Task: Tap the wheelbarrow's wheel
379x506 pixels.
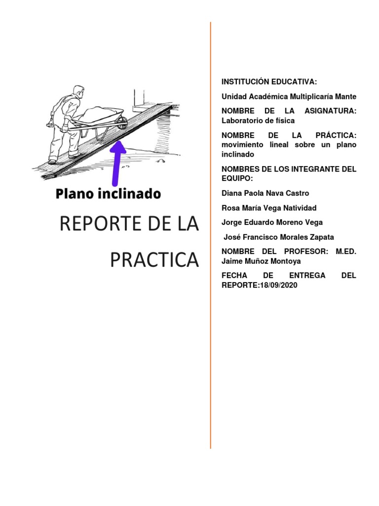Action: coord(120,122)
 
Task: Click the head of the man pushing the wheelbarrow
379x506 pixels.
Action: coord(78,92)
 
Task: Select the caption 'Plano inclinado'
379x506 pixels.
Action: coord(108,193)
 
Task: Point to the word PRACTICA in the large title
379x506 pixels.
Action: coord(154,260)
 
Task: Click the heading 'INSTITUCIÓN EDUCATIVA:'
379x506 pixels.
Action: coord(269,82)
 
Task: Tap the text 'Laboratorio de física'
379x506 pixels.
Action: coord(258,120)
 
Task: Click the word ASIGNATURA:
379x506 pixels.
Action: coord(330,111)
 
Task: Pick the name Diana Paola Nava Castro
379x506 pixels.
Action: coord(265,193)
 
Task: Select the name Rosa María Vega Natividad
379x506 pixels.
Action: coord(269,208)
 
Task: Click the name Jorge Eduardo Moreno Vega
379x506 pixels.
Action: coord(272,222)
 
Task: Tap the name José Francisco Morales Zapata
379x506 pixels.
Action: coord(279,237)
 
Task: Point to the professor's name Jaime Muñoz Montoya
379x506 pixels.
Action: coord(261,261)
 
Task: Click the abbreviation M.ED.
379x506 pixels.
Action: coord(346,252)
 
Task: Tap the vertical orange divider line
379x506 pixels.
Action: coord(211,346)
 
